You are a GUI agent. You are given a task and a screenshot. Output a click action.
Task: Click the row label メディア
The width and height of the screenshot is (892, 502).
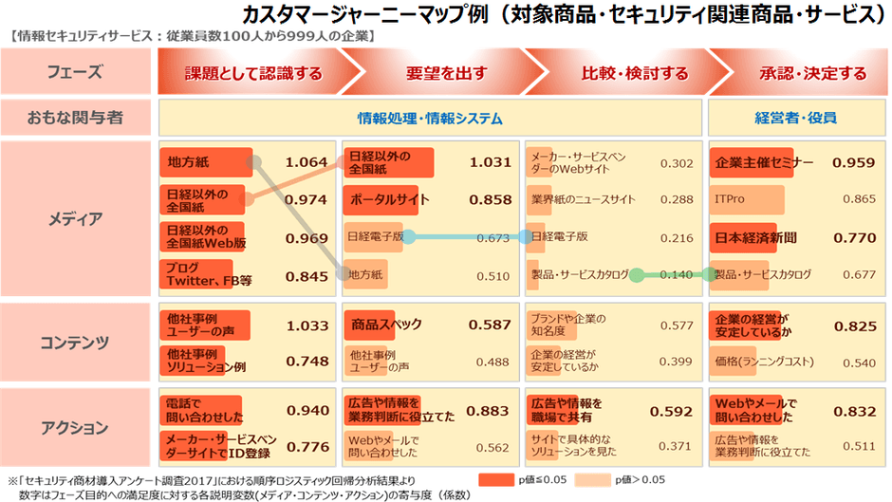tap(78, 218)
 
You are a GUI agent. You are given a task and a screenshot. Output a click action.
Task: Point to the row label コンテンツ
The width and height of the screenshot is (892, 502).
tap(78, 342)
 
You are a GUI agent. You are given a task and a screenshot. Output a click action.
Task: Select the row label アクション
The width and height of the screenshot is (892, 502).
tap(78, 428)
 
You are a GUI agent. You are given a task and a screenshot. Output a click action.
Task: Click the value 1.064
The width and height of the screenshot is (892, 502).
tap(306, 162)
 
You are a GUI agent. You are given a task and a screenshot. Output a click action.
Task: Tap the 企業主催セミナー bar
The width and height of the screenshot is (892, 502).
tap(759, 162)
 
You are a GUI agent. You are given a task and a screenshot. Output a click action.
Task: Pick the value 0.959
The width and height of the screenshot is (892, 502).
tap(853, 162)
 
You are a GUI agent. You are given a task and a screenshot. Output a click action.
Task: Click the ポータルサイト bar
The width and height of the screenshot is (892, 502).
tap(387, 199)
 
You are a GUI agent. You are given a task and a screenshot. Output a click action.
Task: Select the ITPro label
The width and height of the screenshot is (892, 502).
tap(730, 199)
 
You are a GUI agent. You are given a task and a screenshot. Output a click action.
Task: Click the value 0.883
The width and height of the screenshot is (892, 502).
tap(490, 411)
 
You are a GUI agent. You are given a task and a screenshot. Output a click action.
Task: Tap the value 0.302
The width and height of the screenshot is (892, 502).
tap(676, 163)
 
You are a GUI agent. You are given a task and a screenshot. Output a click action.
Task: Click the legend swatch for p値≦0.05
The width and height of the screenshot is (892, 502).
tap(501, 479)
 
